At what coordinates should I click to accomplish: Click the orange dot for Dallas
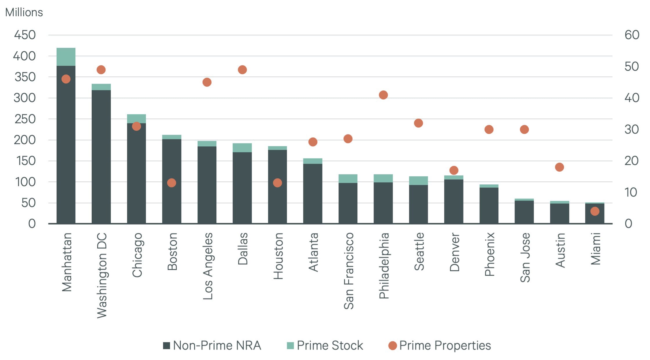click(x=242, y=70)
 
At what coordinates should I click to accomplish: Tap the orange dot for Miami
click(x=595, y=211)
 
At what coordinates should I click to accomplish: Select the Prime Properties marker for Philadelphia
click(x=383, y=95)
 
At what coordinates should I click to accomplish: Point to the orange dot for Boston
click(x=171, y=183)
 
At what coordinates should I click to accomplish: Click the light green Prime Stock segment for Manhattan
click(x=66, y=57)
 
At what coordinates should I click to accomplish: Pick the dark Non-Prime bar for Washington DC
click(x=101, y=157)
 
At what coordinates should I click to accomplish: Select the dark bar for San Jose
click(x=524, y=212)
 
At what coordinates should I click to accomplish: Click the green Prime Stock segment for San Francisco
click(x=348, y=179)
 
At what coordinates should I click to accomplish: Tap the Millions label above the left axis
click(x=24, y=12)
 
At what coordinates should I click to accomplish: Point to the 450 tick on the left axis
click(x=25, y=35)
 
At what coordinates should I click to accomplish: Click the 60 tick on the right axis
click(x=632, y=35)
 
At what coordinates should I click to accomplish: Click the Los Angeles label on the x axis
click(x=208, y=266)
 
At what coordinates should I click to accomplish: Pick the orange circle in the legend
click(x=392, y=346)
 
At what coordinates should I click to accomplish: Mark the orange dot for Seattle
click(x=418, y=123)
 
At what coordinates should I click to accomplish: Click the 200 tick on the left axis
click(x=25, y=140)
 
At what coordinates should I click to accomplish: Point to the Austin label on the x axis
click(x=560, y=250)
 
